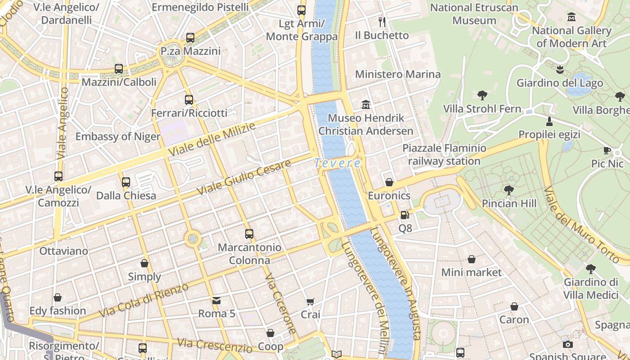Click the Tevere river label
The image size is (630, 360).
[x=337, y=163]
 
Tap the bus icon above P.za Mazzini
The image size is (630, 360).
[x=190, y=38]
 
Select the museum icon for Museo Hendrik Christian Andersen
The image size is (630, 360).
[x=366, y=105]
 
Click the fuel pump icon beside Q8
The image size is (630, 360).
[x=405, y=216]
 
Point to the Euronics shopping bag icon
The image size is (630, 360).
[x=389, y=182]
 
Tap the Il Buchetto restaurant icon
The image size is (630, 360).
[x=382, y=22]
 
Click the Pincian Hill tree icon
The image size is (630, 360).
[x=509, y=190]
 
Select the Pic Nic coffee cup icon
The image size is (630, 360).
[x=607, y=150]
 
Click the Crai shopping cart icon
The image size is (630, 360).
[x=310, y=301]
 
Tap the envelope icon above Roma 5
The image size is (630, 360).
[x=216, y=300]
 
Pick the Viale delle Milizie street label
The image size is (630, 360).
[x=211, y=139]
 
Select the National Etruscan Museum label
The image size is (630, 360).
[x=474, y=14]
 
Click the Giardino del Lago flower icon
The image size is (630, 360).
[x=560, y=70]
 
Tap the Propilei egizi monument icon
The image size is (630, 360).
[x=549, y=121]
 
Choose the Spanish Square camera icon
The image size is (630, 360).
[x=568, y=344]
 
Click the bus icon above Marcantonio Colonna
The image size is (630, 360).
[x=249, y=234]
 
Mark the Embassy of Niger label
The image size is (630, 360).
[x=118, y=137]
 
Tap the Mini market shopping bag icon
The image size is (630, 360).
[x=471, y=259]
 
